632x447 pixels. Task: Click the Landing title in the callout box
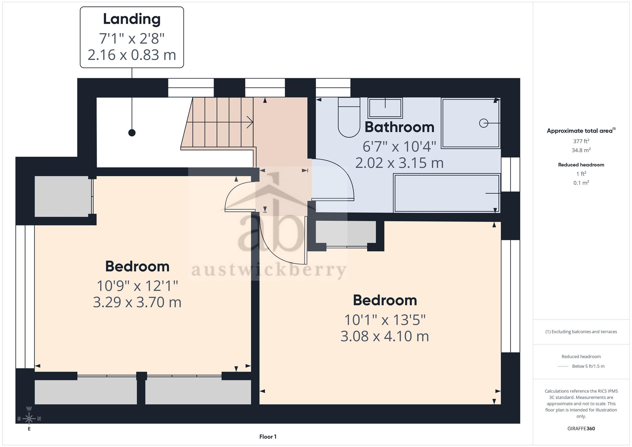click(x=132, y=19)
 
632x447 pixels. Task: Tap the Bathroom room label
click(x=399, y=127)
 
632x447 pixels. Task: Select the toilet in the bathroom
click(x=349, y=117)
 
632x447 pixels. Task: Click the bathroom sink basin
click(x=385, y=108)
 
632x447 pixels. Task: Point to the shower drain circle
click(x=483, y=123)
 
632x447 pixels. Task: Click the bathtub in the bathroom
click(x=447, y=193)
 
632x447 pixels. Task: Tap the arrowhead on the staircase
click(x=250, y=122)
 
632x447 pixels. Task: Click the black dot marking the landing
click(x=132, y=133)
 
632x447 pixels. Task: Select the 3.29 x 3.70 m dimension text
click(x=137, y=302)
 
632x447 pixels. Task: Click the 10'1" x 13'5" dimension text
click(x=385, y=320)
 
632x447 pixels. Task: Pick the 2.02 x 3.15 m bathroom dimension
click(x=399, y=163)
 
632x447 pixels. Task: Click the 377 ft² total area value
click(x=581, y=141)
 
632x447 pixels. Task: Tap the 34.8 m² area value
click(x=581, y=150)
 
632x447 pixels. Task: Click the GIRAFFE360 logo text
click(x=581, y=429)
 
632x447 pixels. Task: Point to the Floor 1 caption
click(x=268, y=437)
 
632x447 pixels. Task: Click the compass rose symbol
click(x=29, y=419)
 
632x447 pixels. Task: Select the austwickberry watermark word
click(x=269, y=270)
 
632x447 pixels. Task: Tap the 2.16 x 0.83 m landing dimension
click(x=132, y=55)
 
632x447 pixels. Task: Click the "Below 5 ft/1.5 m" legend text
click(x=588, y=366)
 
